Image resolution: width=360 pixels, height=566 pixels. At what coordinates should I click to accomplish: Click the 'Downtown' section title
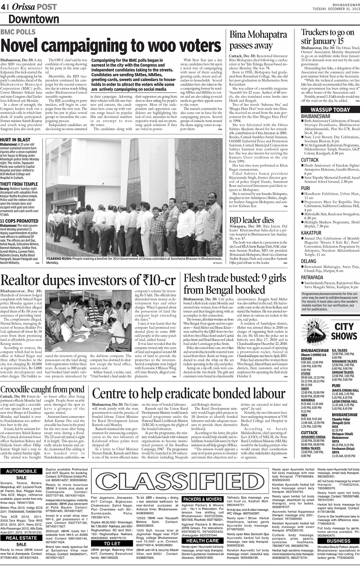tap(34, 19)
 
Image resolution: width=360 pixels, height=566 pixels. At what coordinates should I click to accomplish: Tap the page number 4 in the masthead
tap(3, 6)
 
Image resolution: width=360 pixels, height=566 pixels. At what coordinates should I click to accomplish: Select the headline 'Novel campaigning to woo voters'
tap(110, 46)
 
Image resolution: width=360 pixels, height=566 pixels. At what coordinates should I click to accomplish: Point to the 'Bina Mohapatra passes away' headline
tap(258, 40)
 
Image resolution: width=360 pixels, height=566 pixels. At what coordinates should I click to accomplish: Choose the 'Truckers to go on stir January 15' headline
tap(328, 37)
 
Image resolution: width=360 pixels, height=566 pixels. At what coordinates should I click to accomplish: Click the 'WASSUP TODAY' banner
tap(330, 110)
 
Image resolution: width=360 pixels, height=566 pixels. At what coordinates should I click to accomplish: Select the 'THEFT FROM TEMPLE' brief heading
tap(19, 184)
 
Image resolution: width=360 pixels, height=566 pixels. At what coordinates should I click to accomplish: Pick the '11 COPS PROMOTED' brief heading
tap(19, 221)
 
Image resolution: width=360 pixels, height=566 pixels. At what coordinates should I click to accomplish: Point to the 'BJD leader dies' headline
tap(251, 220)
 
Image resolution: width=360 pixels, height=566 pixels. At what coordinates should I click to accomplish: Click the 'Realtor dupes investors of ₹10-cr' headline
tap(88, 280)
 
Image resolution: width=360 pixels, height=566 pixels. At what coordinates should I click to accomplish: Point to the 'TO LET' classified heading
tap(112, 544)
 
